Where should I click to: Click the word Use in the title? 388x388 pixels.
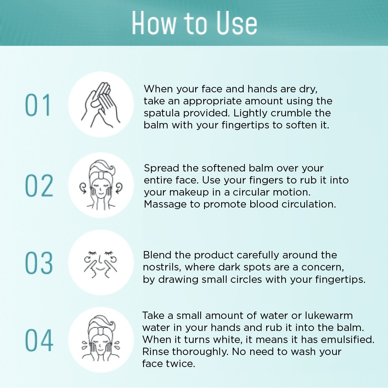pyautogui.click(x=237, y=23)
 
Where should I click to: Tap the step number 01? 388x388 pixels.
pyautogui.click(x=38, y=105)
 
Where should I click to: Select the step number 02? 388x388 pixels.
pyautogui.click(x=39, y=185)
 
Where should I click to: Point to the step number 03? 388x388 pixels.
pyautogui.click(x=39, y=263)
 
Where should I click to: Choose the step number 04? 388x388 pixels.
pyautogui.click(x=39, y=340)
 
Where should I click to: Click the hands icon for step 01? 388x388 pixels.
pyautogui.click(x=101, y=105)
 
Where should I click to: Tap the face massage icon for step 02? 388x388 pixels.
pyautogui.click(x=101, y=185)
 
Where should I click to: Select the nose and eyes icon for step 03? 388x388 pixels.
pyautogui.click(x=100, y=264)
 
